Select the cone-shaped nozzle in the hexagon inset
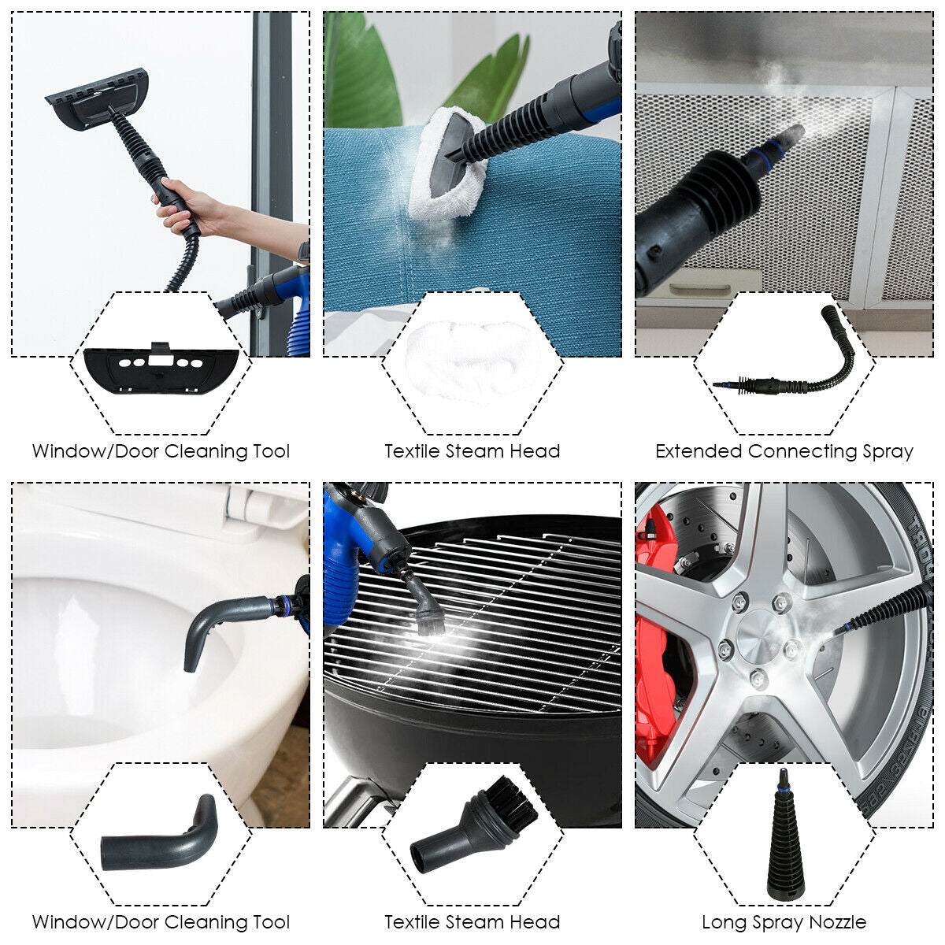click(784, 843)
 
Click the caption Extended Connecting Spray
click(784, 452)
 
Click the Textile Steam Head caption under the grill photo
click(472, 922)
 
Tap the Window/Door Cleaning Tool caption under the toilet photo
click(161, 922)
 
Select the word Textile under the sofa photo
click(412, 452)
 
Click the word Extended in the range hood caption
click(699, 452)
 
